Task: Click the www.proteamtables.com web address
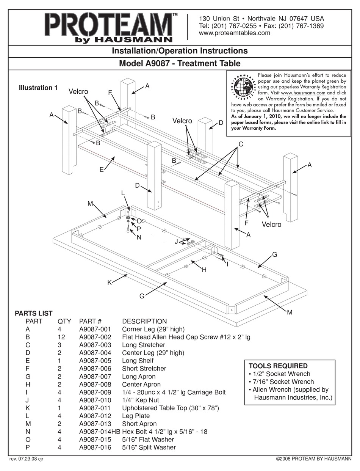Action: coord(235,33)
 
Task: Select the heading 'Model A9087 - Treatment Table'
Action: coord(180,63)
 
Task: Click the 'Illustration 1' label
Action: coord(38,88)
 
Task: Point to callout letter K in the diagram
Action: coord(110,283)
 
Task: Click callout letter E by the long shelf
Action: coord(102,170)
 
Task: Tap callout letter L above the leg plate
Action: coord(123,193)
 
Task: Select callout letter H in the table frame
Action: coord(204,270)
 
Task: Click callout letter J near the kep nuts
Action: coord(176,241)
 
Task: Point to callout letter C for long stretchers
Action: coord(240,144)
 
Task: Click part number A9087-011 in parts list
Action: coord(95,408)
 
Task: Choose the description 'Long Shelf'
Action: coord(138,361)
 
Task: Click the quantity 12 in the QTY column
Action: coord(61,337)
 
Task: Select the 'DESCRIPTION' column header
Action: coord(144,321)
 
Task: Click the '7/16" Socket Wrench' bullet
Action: coord(281,382)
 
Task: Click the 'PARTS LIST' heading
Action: coord(33,313)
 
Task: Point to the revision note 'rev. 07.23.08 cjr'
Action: coord(26,459)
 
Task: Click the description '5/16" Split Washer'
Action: coord(149,447)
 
